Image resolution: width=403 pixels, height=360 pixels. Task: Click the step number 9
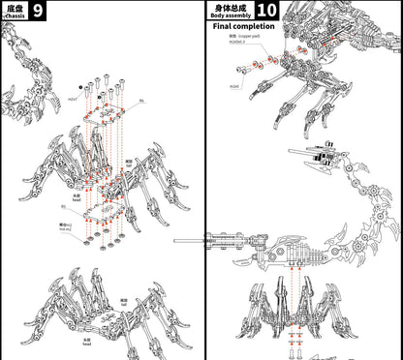click(x=37, y=11)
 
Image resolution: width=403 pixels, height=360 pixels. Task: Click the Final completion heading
click(x=243, y=27)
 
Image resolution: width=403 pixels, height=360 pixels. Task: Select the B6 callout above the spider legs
click(x=141, y=101)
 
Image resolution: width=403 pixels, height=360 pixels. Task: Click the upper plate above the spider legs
click(x=106, y=114)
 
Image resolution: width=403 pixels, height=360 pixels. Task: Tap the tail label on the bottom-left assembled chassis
click(x=125, y=303)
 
